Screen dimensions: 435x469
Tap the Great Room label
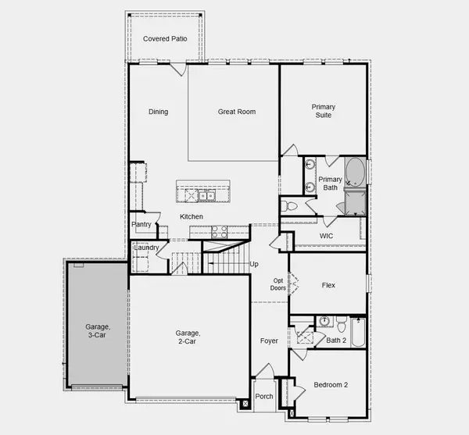[x=236, y=112]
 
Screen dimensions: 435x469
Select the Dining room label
[x=159, y=112]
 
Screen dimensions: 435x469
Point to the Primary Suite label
[x=322, y=110]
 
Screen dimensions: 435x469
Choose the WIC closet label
[x=327, y=236]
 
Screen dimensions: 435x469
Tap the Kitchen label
[x=192, y=216]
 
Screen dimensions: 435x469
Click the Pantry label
[x=141, y=225]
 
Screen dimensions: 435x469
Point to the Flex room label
[x=328, y=285]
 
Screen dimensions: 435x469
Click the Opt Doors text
[x=277, y=285]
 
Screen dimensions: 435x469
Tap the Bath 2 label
[x=336, y=340]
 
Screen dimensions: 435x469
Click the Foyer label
[x=269, y=341]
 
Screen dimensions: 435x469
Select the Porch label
[x=264, y=397]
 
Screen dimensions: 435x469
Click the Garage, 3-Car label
[x=97, y=330]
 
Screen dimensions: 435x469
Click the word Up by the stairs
[x=253, y=264]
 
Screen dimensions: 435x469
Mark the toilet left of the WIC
[x=289, y=205]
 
